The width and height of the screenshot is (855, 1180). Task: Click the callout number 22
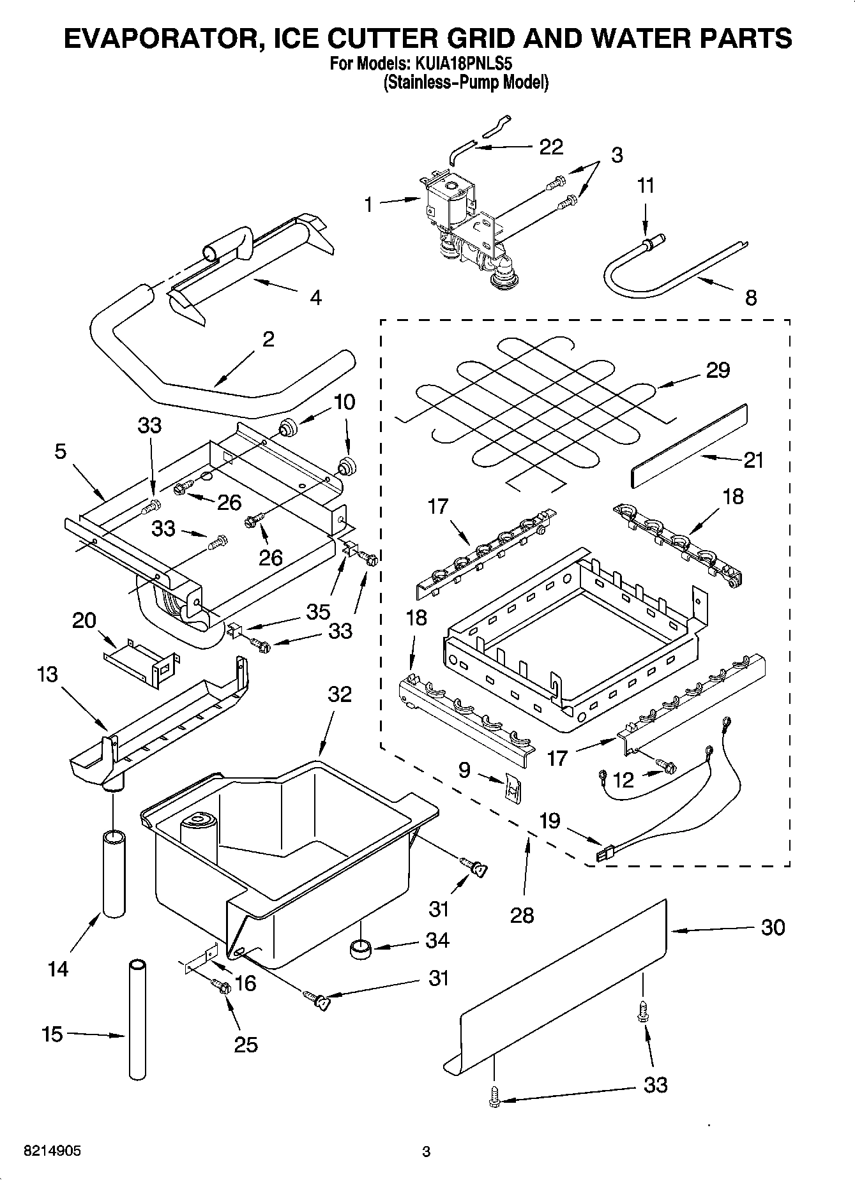click(x=551, y=147)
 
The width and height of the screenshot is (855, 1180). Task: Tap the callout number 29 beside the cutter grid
click(x=718, y=370)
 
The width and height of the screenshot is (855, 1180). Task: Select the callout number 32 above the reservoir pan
click(x=339, y=694)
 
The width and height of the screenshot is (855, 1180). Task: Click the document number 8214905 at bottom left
click(x=52, y=1151)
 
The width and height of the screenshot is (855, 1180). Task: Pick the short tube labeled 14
click(x=114, y=873)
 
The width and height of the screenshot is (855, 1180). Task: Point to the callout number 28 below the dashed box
click(x=522, y=915)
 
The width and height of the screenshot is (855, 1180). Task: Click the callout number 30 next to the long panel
click(x=773, y=927)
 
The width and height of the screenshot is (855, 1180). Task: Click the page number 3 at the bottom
click(x=427, y=1151)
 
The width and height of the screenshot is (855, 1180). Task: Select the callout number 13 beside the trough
click(x=47, y=674)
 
